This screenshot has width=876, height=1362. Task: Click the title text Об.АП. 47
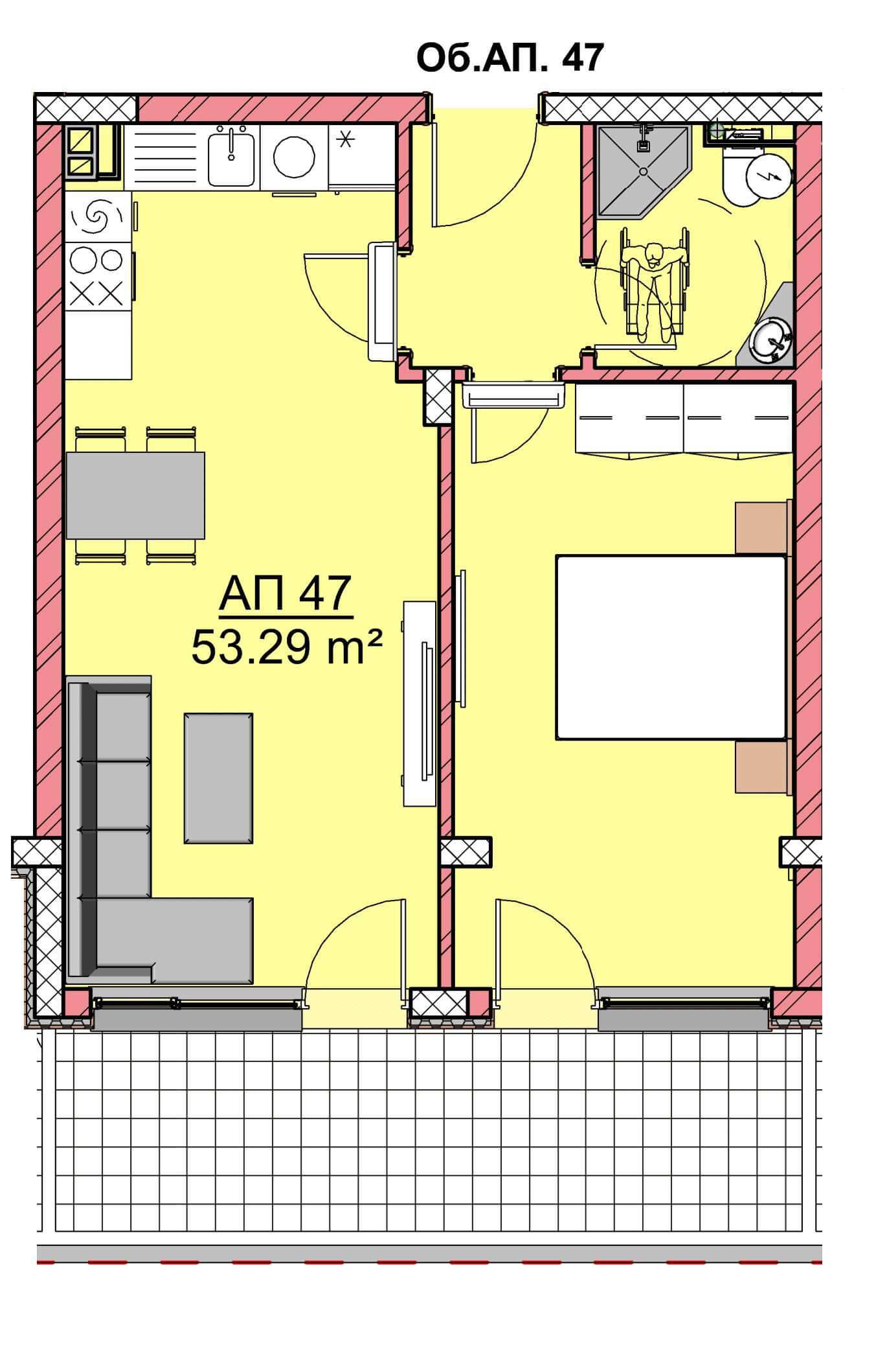(510, 58)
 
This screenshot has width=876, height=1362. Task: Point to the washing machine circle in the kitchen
(295, 157)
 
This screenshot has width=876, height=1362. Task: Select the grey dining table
(135, 496)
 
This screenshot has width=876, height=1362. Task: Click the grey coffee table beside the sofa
(218, 778)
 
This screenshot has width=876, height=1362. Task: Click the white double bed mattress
(671, 646)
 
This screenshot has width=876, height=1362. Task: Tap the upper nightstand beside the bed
(762, 527)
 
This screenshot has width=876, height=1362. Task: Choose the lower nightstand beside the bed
(762, 767)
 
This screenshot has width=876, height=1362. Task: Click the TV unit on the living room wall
(419, 704)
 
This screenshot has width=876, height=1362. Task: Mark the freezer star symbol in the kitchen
(346, 139)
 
